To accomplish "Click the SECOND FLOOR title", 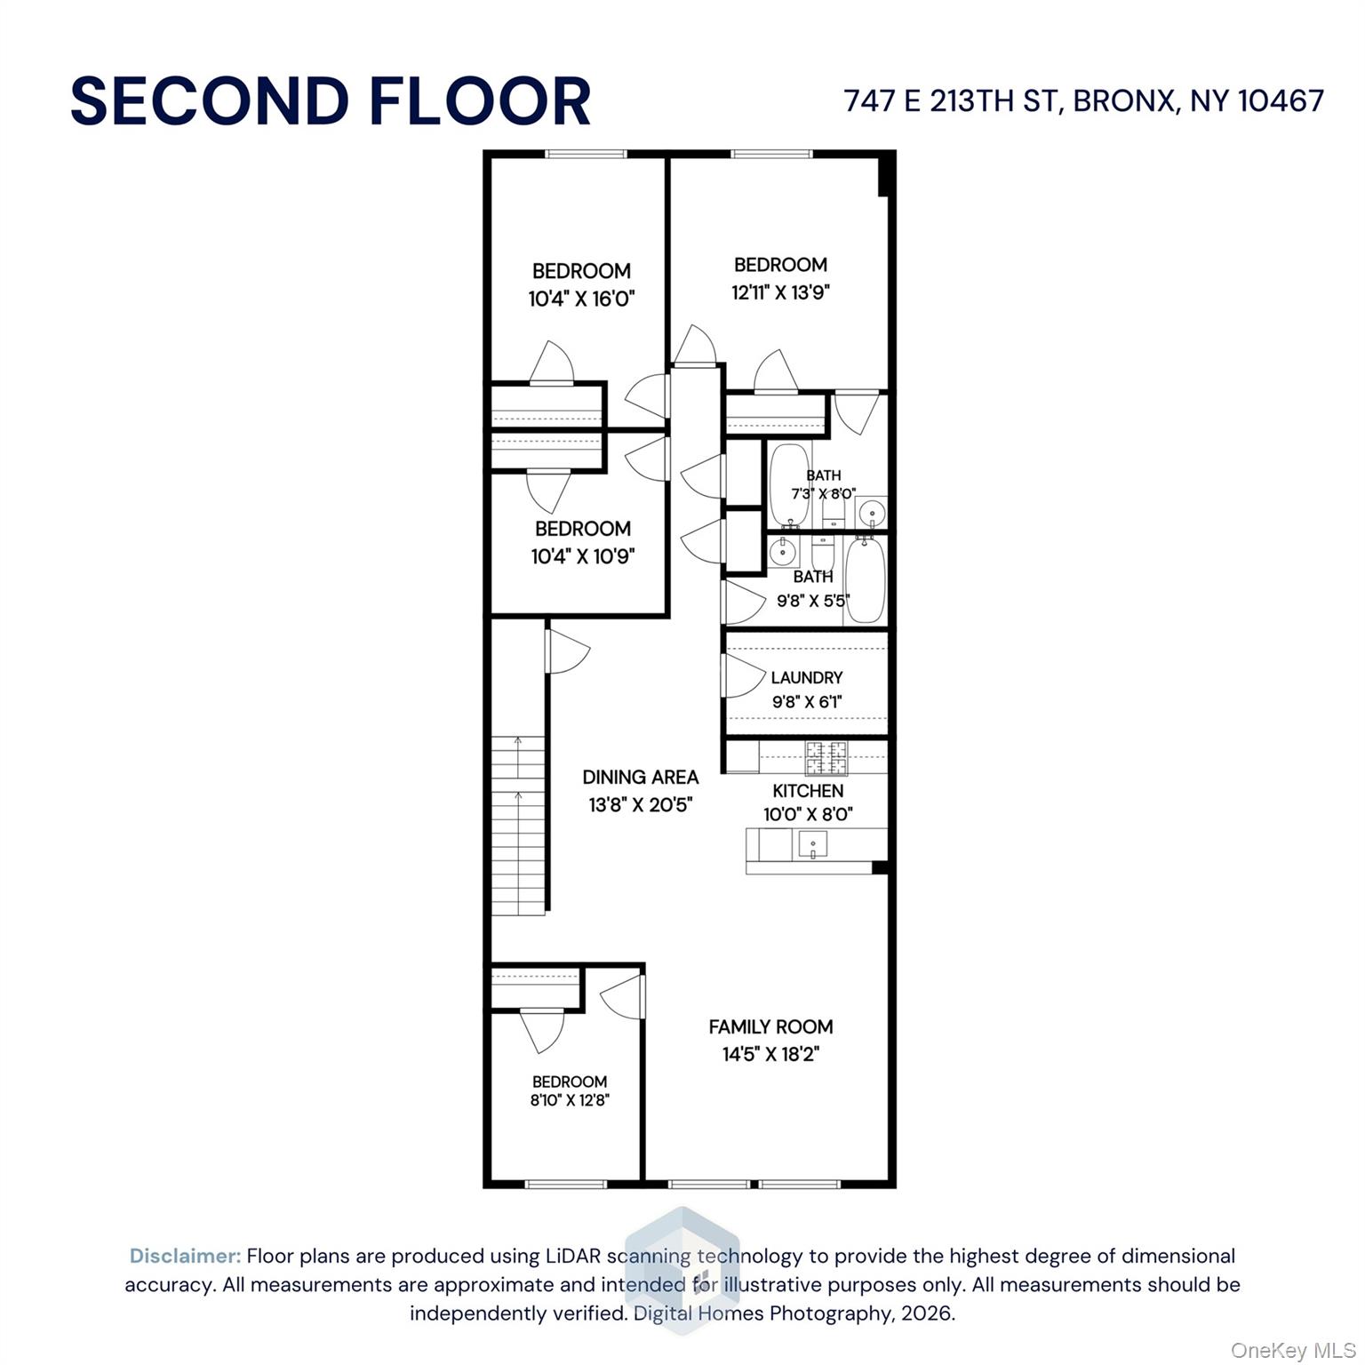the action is pos(331,100).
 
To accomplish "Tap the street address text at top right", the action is pos(1084,100).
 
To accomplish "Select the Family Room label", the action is pos(770,1026).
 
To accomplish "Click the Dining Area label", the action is pos(640,777).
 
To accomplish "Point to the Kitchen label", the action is pos(808,790).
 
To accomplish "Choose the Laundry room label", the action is pos(807,677).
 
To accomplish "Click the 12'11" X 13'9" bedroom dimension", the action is pos(780,292).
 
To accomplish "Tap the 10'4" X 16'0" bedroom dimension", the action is pos(582,299).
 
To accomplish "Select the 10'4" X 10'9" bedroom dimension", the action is pos(583,556).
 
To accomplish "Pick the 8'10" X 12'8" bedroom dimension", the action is pos(570,1100).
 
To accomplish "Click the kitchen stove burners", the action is pos(826,758).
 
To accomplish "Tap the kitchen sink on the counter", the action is pos(813,843).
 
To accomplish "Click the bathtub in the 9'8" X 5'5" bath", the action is pos(865,580).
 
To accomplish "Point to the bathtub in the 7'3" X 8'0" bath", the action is pos(787,484).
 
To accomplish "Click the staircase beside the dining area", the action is pos(518,826).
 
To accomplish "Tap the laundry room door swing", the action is pos(745,676).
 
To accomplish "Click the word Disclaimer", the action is pos(185,1256).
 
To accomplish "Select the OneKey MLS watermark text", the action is pos(1293,1351).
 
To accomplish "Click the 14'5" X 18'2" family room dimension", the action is pos(770,1055).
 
